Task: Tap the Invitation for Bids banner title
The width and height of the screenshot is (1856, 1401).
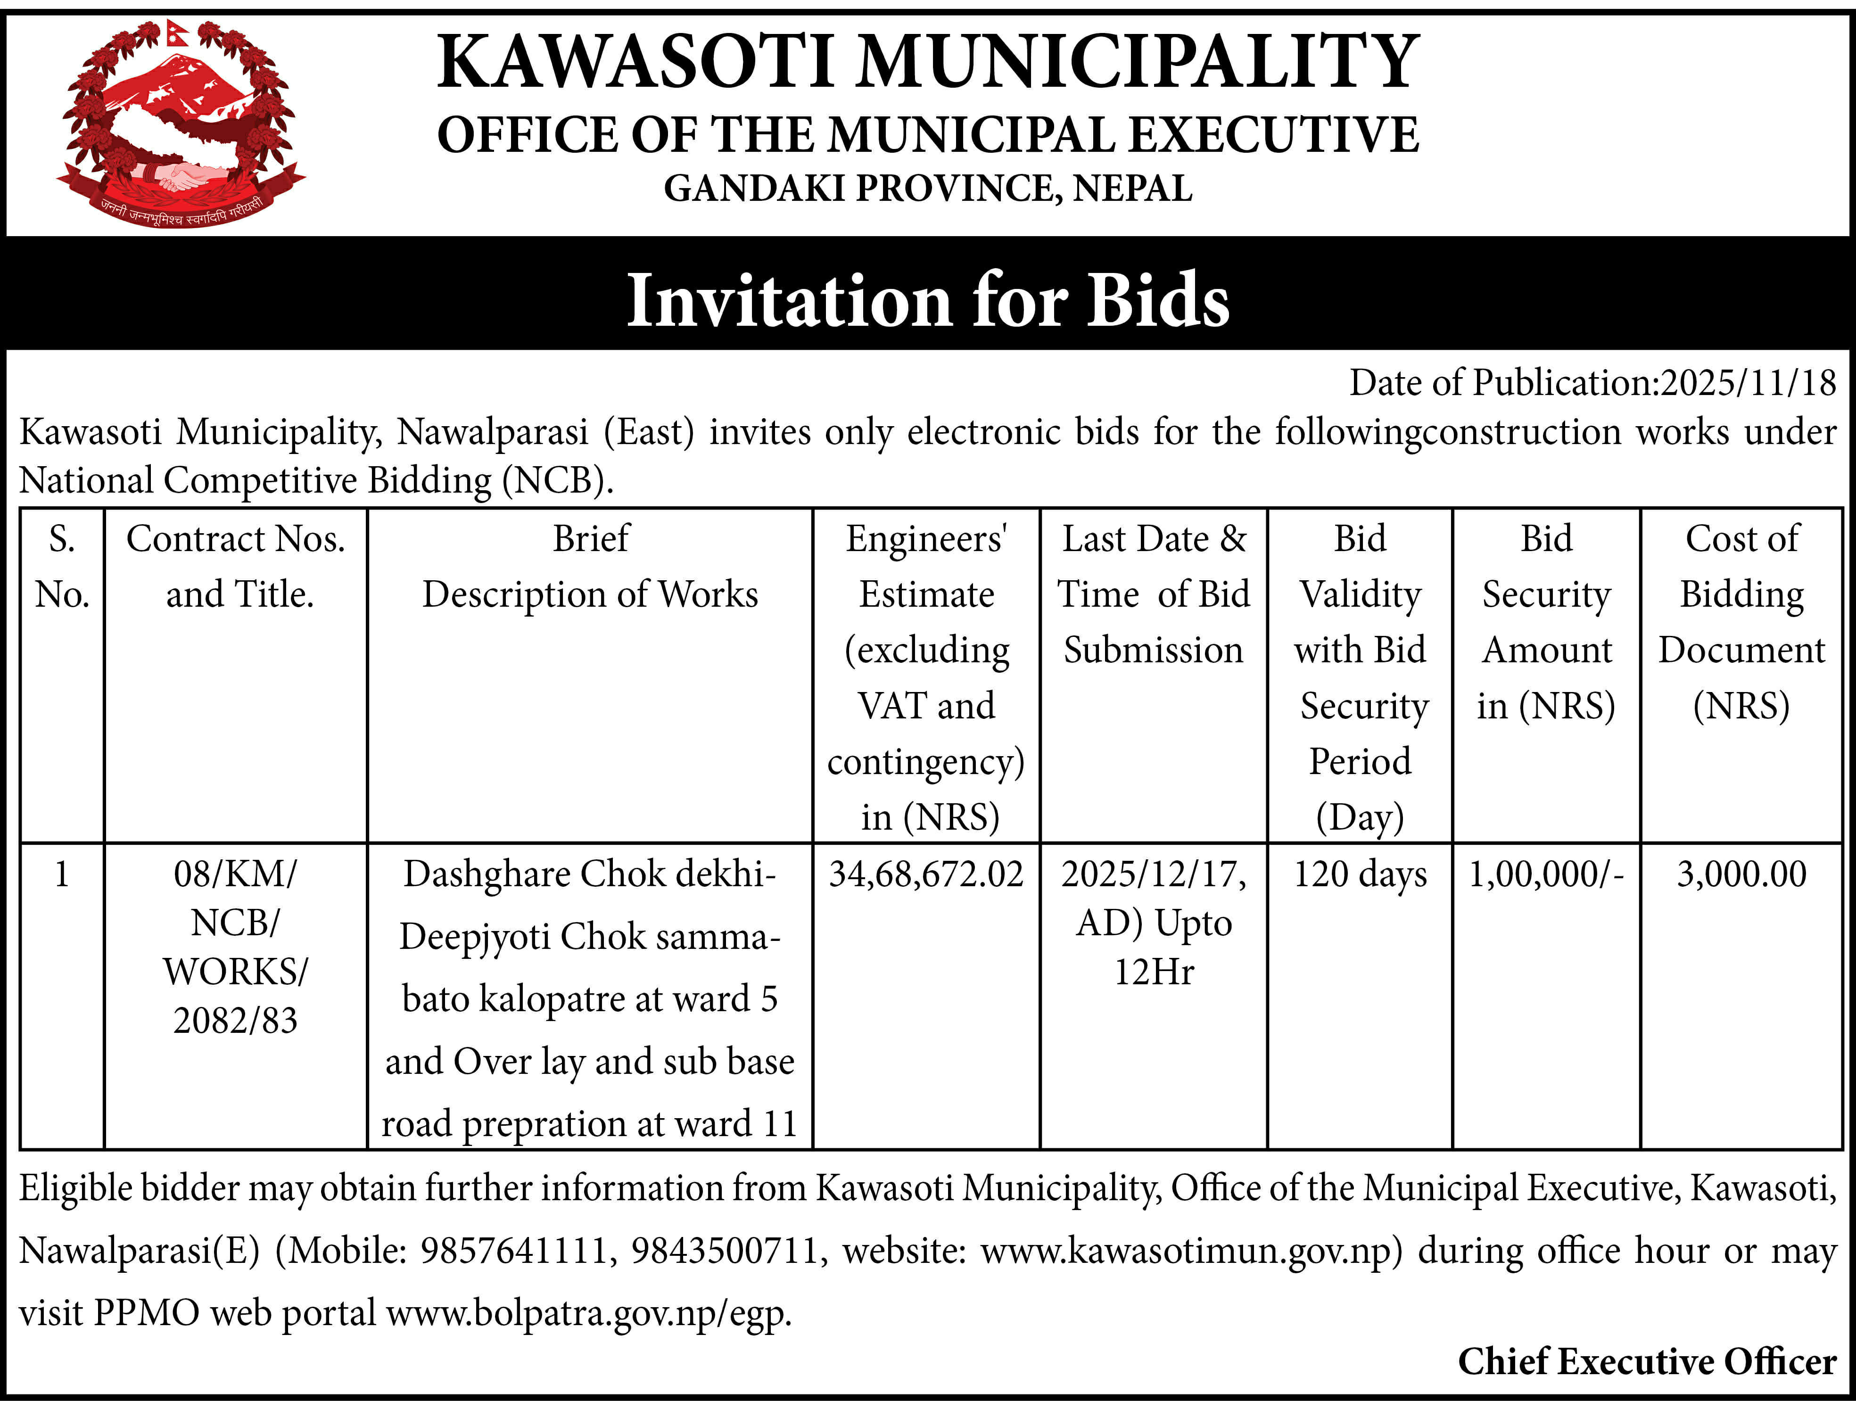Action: coord(927,299)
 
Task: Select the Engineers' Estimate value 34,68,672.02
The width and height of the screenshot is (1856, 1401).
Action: coord(925,874)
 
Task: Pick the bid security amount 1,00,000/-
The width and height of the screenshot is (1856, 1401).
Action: coord(1545,874)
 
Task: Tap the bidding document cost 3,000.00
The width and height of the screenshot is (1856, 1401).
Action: coord(1741,874)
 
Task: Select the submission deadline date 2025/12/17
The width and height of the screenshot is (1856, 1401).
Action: coord(1153,874)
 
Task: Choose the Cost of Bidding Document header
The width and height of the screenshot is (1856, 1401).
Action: coord(1741,622)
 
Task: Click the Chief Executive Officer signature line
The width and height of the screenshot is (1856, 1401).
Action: coord(1646,1361)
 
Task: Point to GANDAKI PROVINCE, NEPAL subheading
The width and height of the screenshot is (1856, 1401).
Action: coord(927,188)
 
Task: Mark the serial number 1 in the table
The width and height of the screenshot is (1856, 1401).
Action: coord(61,874)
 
